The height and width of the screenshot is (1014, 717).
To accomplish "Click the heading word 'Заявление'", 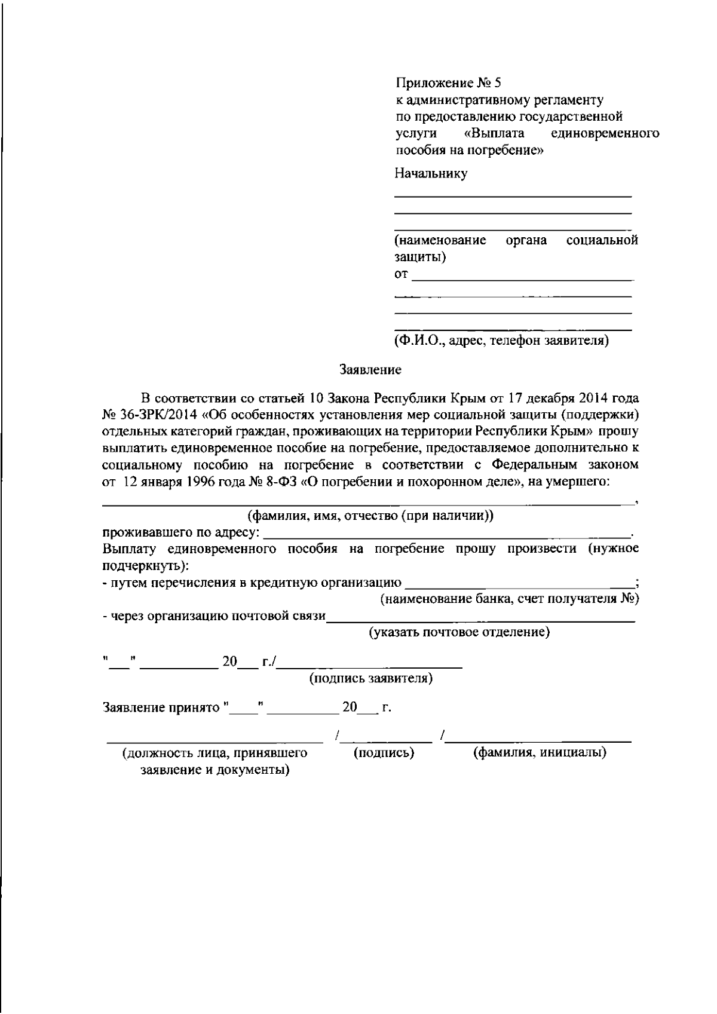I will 370,370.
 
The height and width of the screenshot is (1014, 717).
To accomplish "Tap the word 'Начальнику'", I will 431,174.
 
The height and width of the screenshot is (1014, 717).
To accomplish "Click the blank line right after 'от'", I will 523,277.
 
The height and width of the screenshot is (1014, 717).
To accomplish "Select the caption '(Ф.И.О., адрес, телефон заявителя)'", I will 501,341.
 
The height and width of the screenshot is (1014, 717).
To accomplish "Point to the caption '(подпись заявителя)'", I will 371,679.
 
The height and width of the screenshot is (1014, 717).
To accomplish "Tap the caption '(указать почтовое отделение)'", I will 459,632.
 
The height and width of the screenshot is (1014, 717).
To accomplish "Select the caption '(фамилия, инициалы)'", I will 540,753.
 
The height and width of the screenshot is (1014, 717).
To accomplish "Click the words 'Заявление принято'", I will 162,708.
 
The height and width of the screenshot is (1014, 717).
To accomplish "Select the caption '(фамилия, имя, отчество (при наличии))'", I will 370,516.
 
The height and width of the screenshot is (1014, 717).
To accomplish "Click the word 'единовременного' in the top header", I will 605,133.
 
